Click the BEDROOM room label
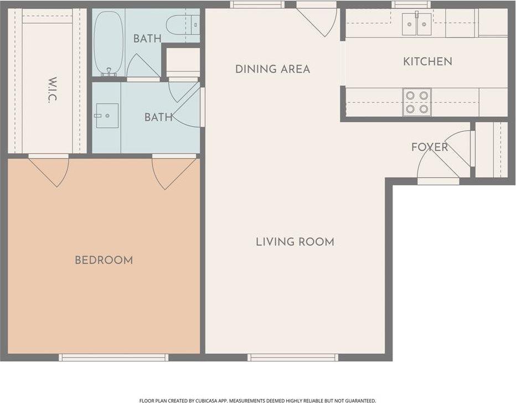tap(104, 260)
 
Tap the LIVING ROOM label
tap(295, 242)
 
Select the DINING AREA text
tap(272, 69)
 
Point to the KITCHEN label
tap(427, 61)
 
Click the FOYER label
tap(430, 147)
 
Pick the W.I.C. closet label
tap(53, 90)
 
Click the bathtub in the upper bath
tap(109, 43)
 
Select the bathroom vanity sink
tap(107, 116)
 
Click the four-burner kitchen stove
tap(417, 102)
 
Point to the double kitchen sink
tap(416, 24)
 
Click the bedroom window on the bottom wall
tap(113, 358)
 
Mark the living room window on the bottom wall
tap(293, 358)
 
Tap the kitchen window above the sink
tap(411, 4)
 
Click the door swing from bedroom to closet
tap(49, 170)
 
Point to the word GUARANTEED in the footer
tap(362, 401)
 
